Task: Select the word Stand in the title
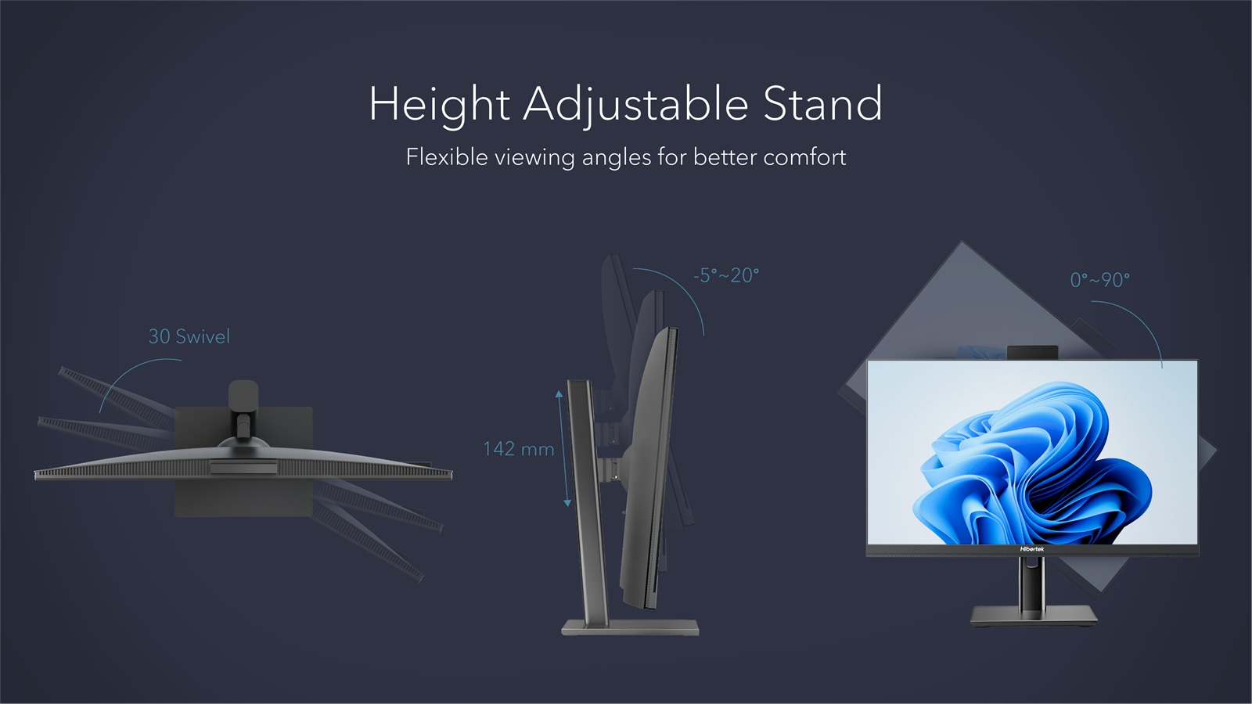click(x=822, y=103)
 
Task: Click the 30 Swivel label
click(x=189, y=336)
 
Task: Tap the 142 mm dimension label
click(x=519, y=449)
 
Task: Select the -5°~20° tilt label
click(x=726, y=275)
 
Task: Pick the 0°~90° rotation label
click(x=1100, y=279)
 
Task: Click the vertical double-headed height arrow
click(x=563, y=449)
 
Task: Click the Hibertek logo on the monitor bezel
click(x=1032, y=549)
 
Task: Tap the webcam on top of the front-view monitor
click(x=1032, y=353)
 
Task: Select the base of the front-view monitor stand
click(x=1034, y=616)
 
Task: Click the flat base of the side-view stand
click(x=630, y=627)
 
